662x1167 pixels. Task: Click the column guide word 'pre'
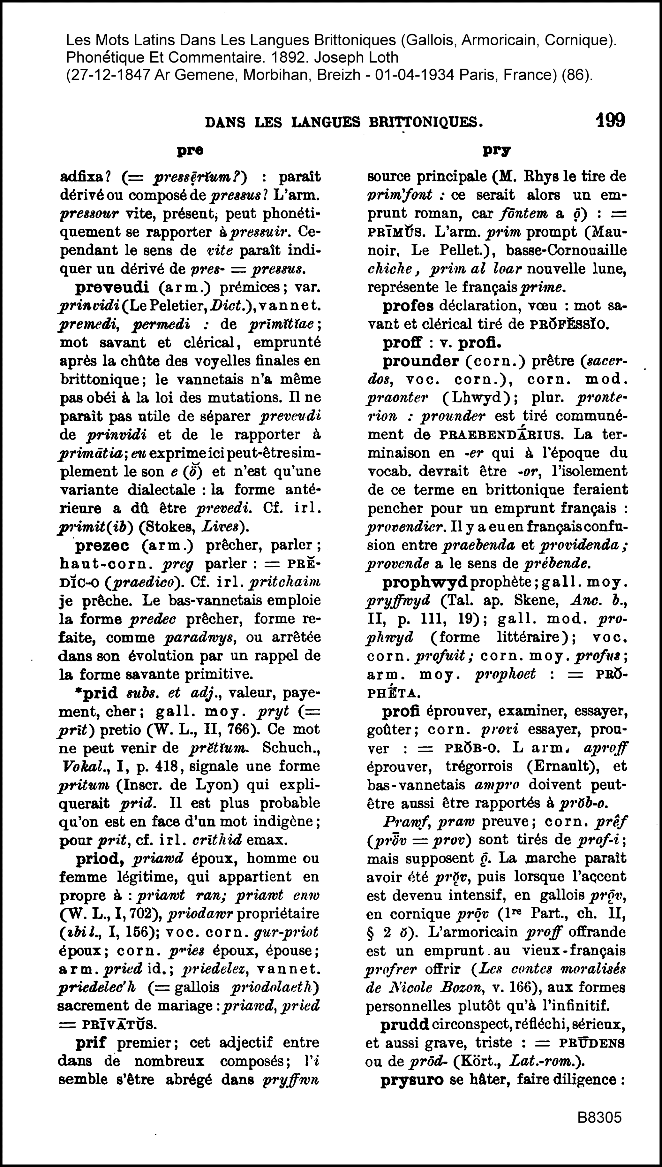[190, 150]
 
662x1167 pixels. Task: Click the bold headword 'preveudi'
[112, 287]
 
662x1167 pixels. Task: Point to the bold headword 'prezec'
[102, 545]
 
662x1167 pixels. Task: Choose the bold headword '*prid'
[97, 693]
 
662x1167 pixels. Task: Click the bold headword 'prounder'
[421, 361]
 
